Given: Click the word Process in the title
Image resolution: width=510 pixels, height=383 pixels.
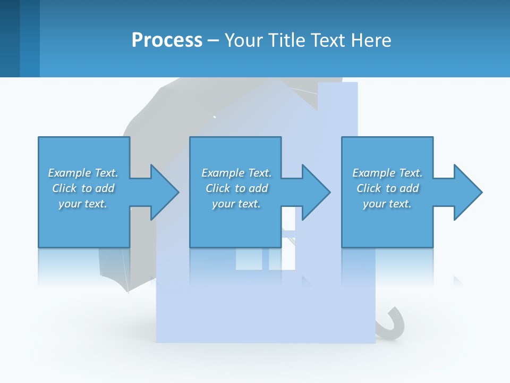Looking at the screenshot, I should point(167,40).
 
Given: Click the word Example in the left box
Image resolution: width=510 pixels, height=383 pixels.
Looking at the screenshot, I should point(70,173).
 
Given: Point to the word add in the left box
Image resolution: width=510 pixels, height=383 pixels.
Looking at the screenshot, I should point(105,188).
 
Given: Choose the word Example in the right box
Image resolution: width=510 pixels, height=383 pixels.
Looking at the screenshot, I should point(374,173).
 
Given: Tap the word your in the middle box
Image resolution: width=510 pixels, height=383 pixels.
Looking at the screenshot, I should point(223,204).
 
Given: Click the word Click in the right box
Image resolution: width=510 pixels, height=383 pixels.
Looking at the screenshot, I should point(369,188).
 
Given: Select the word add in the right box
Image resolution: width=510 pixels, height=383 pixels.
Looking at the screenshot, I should point(409,188).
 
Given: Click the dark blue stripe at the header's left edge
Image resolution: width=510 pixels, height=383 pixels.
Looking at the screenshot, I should point(10,38).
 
